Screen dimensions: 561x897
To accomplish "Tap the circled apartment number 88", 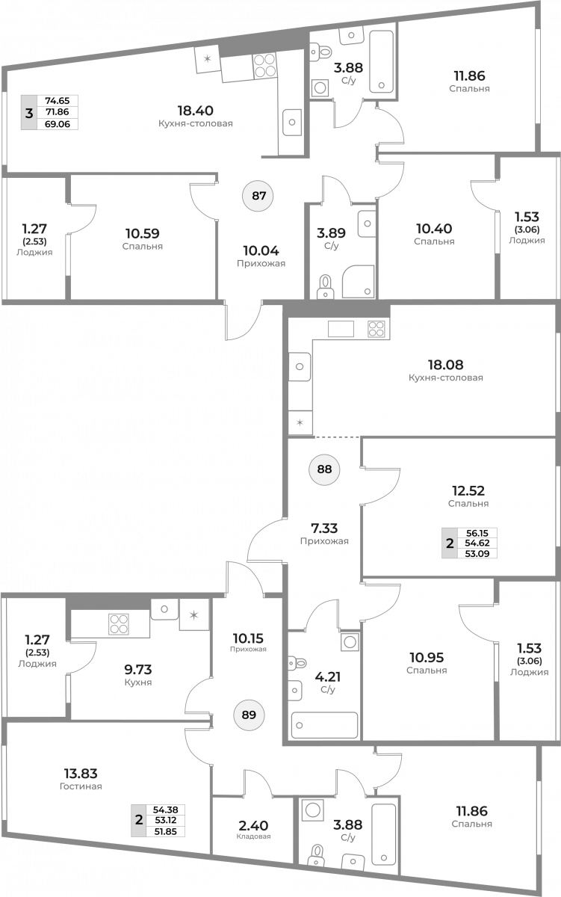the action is pos(324,469).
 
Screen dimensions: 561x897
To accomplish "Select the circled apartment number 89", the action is pos(249,715).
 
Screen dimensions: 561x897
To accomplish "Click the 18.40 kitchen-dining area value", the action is pos(195,111).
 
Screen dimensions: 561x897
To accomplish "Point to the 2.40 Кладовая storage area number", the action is pos(253,825).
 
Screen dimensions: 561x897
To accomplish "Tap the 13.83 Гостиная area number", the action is pos(81,773).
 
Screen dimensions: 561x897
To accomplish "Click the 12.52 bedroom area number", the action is pos(468,490).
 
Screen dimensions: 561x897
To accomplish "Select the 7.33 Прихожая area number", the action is pos(324,528).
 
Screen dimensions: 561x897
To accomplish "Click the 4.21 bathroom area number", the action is pos(328,676).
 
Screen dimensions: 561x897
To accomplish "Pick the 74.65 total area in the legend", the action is pos(58,101).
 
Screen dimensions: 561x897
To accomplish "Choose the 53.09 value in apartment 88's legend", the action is pos(477,554).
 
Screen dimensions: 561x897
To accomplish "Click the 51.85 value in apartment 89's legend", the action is pos(165,832).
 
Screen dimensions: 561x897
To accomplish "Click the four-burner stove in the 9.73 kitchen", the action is pos(119,624).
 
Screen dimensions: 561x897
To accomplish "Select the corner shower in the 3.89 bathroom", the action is pos(359,281).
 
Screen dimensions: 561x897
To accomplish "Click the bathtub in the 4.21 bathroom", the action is pos(324,725).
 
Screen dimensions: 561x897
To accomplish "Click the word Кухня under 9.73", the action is pos(138,682).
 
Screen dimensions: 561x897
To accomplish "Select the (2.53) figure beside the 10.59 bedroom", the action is pos(35,241).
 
